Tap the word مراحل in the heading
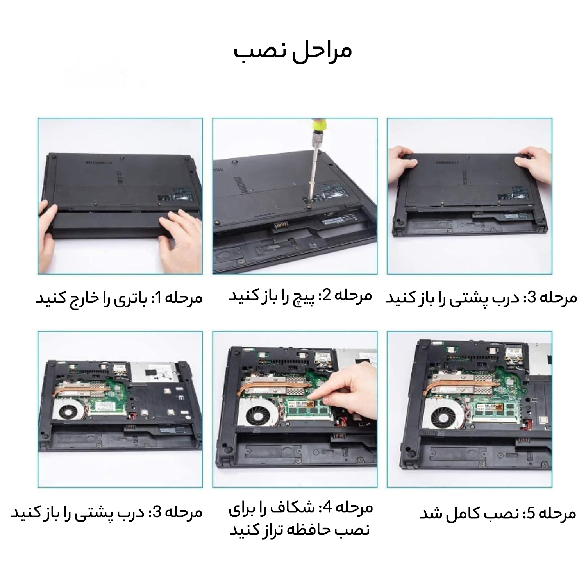pyautogui.click(x=317, y=50)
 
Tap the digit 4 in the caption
pyautogui.click(x=327, y=508)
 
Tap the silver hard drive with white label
pyautogui.click(x=155, y=371)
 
